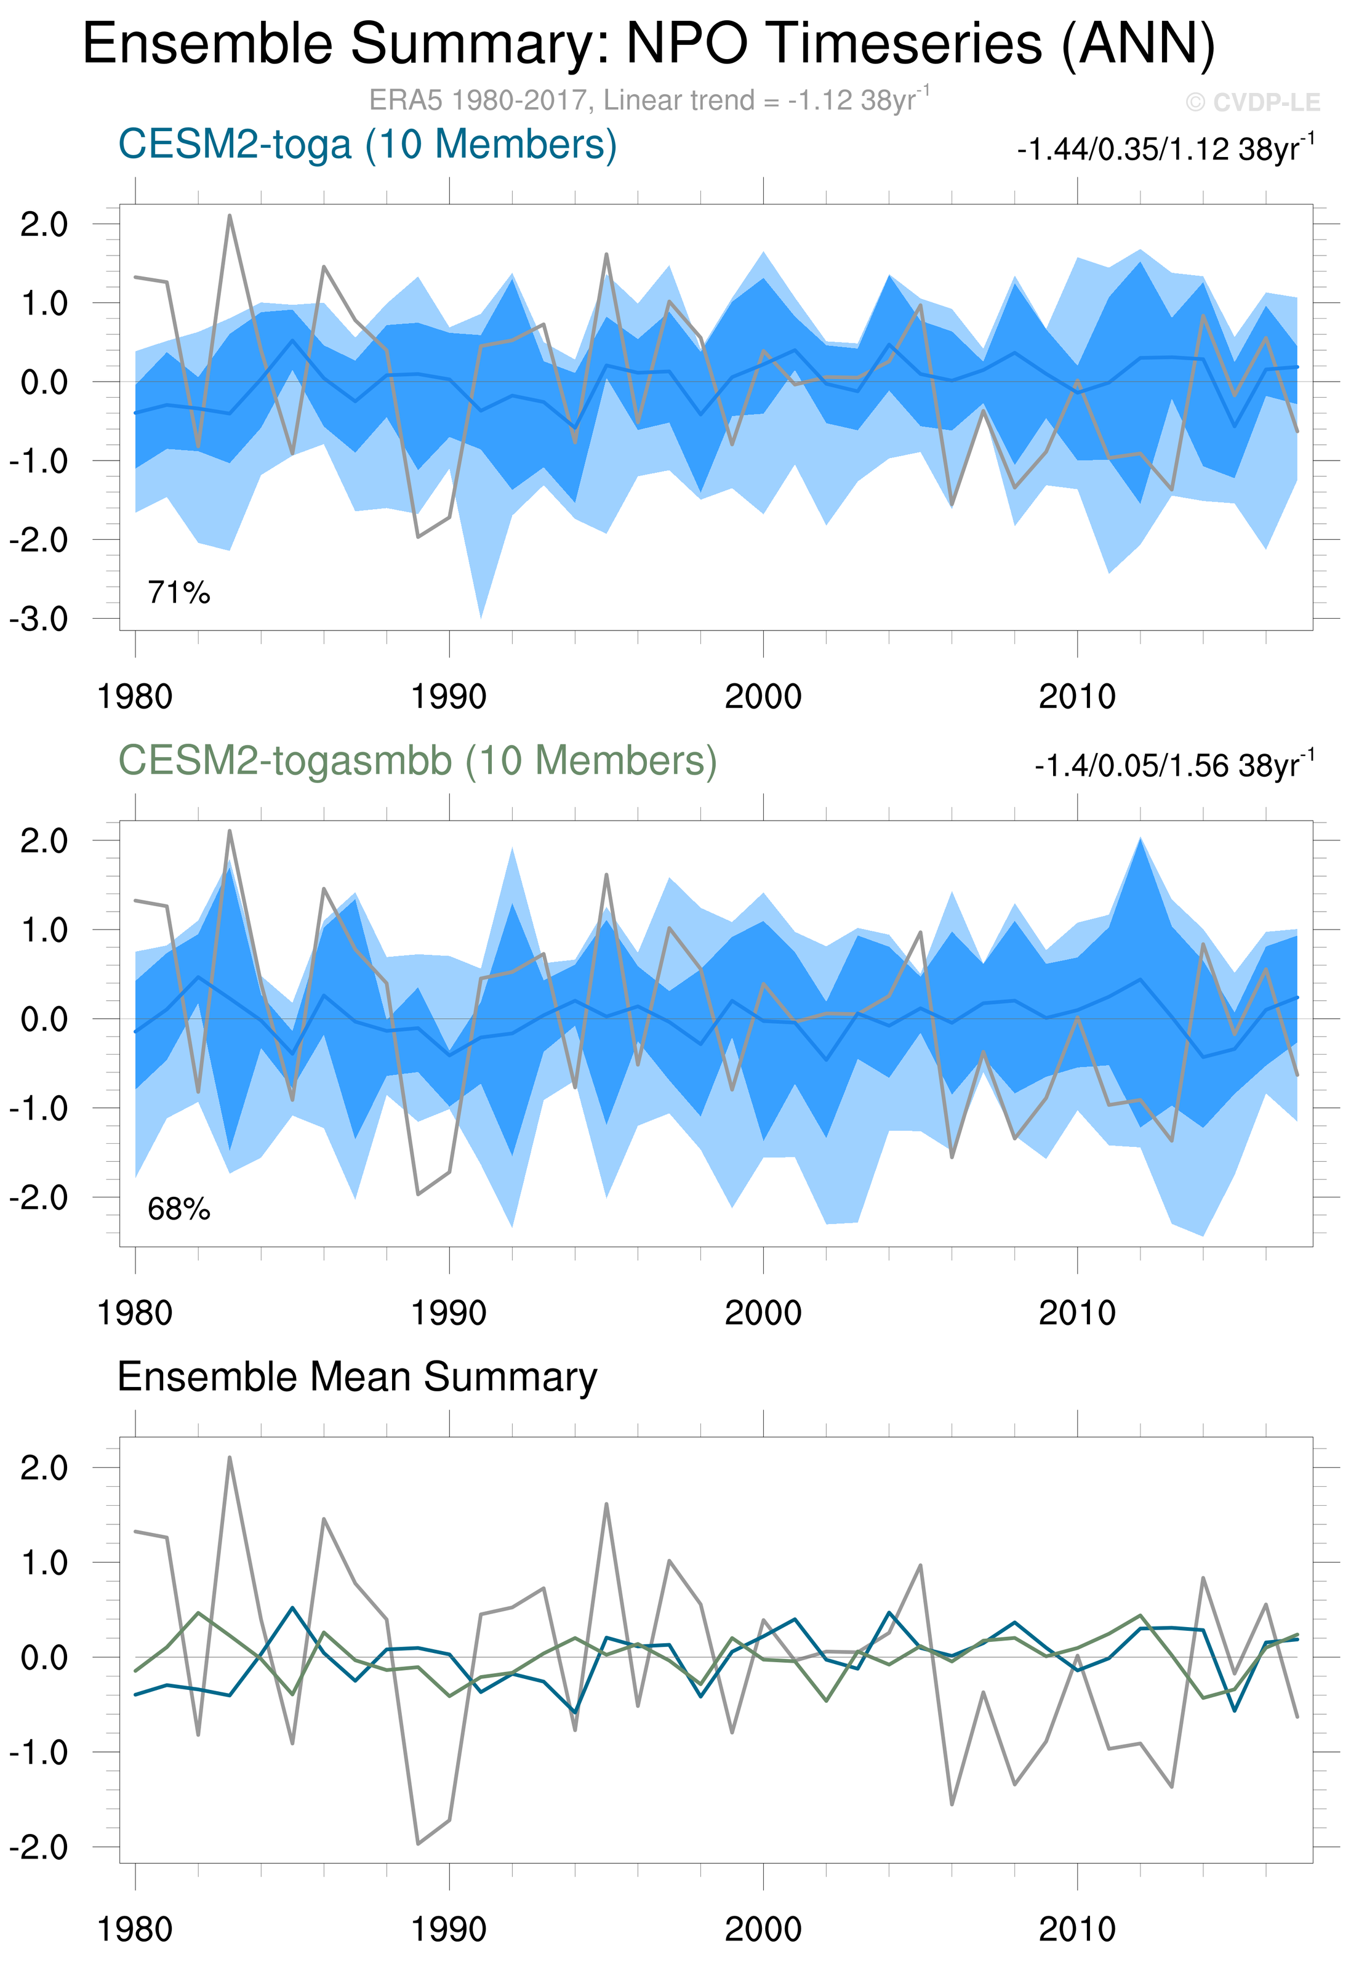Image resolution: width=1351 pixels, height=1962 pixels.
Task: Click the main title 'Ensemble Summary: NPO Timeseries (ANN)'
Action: pos(648,44)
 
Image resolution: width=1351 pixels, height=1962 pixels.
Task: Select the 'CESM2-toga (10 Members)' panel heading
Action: pos(367,145)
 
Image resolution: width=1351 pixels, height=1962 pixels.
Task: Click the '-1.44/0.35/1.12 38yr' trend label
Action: pos(1165,149)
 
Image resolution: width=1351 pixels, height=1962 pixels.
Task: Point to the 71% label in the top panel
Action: pos(178,592)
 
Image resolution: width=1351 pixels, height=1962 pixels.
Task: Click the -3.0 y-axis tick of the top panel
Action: pos(39,619)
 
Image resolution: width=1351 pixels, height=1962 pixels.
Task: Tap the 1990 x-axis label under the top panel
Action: pos(449,697)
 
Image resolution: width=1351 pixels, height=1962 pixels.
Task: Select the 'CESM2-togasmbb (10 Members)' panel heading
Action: pos(417,760)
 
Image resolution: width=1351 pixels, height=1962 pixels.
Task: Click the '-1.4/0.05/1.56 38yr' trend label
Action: pos(1173,765)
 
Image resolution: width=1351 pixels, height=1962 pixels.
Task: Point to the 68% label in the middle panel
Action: pos(178,1208)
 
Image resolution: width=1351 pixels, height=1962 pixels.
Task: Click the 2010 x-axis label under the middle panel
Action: pos(1076,1313)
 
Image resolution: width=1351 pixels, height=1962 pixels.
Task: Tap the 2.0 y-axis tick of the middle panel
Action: pos(44,840)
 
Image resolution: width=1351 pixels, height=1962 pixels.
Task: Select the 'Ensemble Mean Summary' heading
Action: pos(357,1377)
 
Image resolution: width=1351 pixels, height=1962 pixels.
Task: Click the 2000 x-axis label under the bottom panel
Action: pos(763,1929)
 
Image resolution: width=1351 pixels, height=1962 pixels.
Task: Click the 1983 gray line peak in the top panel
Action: pos(230,216)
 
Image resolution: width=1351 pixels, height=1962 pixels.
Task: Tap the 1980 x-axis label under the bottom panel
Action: pos(135,1929)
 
